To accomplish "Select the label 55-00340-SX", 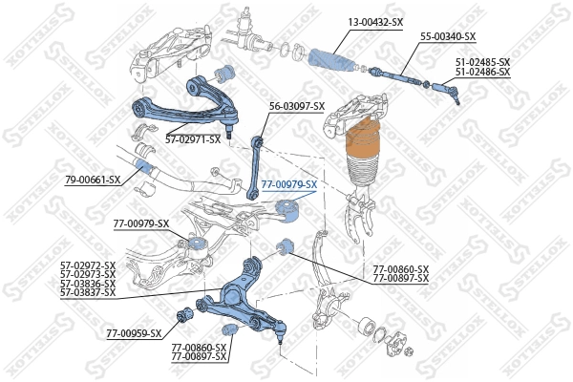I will point(447,36).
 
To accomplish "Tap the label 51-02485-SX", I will point(482,62).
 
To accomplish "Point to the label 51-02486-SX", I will point(482,72).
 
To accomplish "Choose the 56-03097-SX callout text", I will point(297,106).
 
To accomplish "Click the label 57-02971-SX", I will point(193,139).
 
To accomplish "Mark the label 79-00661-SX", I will point(93,180).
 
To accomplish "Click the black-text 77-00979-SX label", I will point(141,223).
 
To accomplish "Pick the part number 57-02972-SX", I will point(88,265).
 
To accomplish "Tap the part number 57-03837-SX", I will point(88,292).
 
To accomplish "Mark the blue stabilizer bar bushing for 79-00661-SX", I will point(145,168).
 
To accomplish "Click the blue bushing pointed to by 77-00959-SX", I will point(186,314).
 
